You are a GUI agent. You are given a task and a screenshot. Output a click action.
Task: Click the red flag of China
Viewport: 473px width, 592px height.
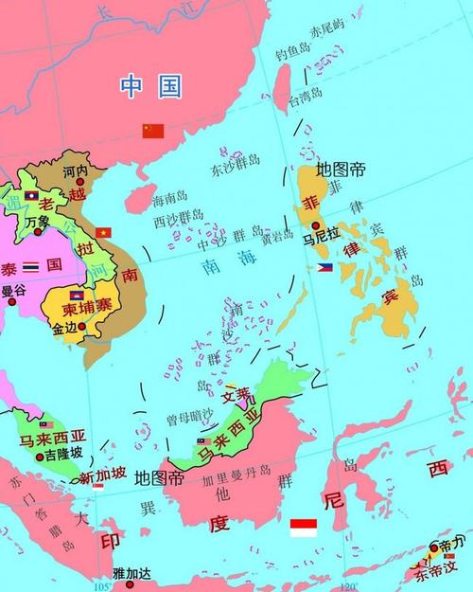pyautogui.click(x=153, y=131)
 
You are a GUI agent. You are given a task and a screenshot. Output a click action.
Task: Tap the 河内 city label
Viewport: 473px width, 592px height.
pyautogui.click(x=75, y=172)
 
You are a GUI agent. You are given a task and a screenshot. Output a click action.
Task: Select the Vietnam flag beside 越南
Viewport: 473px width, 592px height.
pyautogui.click(x=104, y=232)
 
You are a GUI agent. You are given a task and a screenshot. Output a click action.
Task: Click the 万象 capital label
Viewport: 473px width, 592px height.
pyautogui.click(x=39, y=222)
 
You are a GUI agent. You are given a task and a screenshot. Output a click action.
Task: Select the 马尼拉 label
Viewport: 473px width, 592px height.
pyautogui.click(x=322, y=241)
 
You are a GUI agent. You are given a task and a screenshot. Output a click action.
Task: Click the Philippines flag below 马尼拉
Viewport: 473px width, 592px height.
pyautogui.click(x=324, y=268)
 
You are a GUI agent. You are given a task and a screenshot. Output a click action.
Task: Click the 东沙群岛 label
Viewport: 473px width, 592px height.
pyautogui.click(x=236, y=170)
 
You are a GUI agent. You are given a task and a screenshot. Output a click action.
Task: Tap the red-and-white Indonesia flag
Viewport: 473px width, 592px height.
pyautogui.click(x=303, y=527)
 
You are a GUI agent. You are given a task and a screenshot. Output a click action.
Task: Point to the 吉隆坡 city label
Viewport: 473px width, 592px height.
pyautogui.click(x=64, y=455)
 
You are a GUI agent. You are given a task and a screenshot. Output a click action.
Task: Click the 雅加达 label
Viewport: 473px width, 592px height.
pyautogui.click(x=131, y=572)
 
